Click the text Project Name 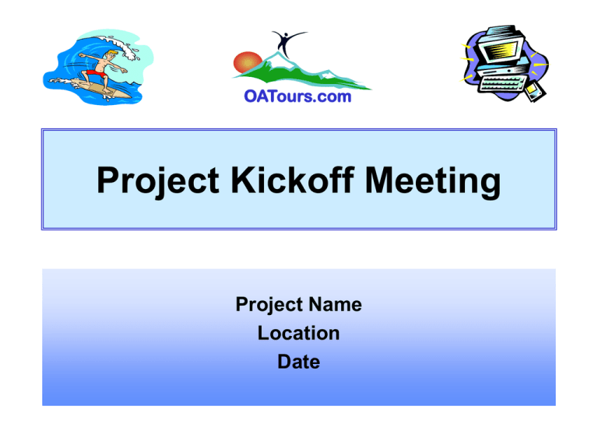pyautogui.click(x=298, y=305)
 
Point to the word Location pyautogui.click(x=298, y=334)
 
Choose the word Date pyautogui.click(x=298, y=362)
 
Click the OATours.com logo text pyautogui.click(x=298, y=97)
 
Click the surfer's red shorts pyautogui.click(x=94, y=74)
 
